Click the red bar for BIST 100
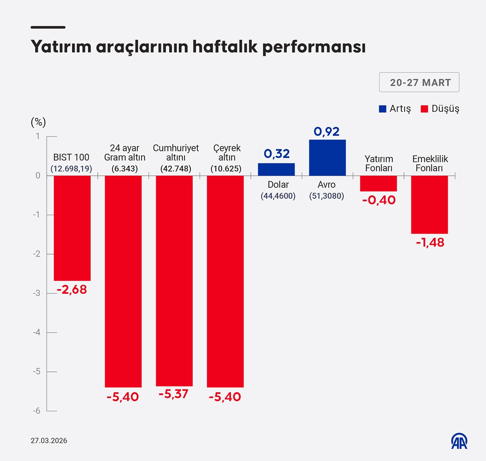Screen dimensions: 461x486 tap(72, 228)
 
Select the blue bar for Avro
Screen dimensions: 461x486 tap(327, 158)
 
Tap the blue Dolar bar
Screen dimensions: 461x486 tap(276, 169)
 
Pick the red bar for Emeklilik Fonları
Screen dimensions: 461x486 tap(429, 205)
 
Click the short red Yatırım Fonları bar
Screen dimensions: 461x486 tap(378, 183)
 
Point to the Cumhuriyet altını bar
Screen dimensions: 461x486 tap(174, 281)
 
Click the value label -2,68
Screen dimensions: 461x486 tap(72, 290)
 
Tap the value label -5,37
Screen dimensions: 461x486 tap(174, 394)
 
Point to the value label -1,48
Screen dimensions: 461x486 tap(430, 243)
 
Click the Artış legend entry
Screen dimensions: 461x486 tap(395, 109)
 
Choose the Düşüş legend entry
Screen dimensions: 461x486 tap(440, 109)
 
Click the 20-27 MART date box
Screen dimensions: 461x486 tap(419, 82)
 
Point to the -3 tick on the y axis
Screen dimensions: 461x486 tap(37, 293)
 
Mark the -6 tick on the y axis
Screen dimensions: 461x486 tap(37, 411)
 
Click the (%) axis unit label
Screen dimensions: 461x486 tap(38, 122)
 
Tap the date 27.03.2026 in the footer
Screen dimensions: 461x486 tap(49, 441)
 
